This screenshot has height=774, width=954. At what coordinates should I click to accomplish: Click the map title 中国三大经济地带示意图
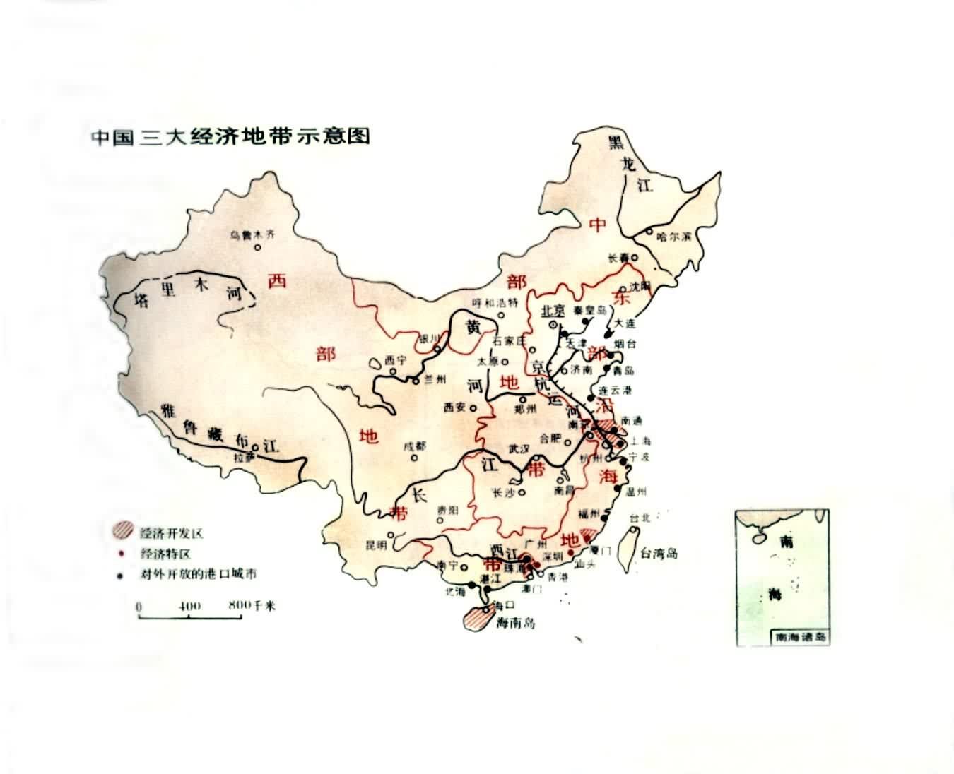click(231, 136)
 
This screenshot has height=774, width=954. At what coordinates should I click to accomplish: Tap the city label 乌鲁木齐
click(250, 236)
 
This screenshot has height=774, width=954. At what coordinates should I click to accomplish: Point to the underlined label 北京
click(553, 311)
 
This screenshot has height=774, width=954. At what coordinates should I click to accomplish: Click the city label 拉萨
click(243, 457)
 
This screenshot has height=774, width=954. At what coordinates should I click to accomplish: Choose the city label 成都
click(415, 446)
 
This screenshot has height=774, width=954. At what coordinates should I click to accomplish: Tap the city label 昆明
click(376, 545)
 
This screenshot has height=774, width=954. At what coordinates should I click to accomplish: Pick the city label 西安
click(455, 407)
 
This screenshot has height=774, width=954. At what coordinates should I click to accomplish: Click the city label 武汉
click(519, 448)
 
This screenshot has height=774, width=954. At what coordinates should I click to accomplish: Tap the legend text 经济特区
click(165, 554)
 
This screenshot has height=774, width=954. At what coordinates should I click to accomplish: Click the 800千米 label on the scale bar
click(252, 606)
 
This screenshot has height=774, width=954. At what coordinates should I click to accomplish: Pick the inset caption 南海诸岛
click(800, 636)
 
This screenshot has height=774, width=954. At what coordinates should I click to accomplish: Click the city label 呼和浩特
click(495, 303)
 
